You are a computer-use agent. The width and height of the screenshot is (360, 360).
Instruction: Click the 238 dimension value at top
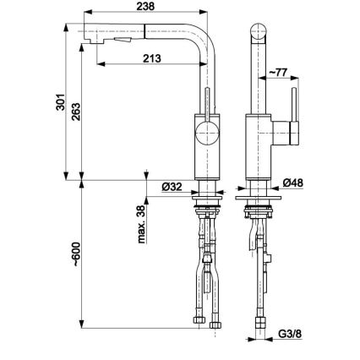[x=149, y=8]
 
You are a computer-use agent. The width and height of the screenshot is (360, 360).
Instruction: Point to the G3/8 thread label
[x=290, y=333]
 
